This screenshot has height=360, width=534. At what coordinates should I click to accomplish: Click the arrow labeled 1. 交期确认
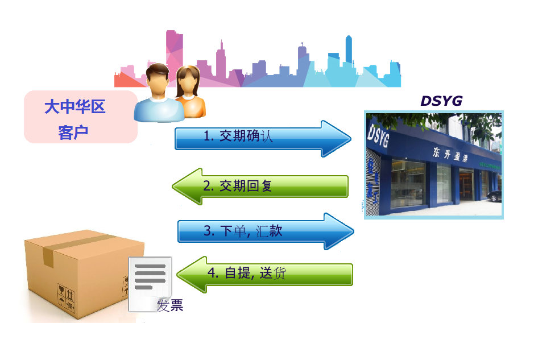click(263, 139)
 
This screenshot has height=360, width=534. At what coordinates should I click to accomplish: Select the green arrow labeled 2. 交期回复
click(260, 187)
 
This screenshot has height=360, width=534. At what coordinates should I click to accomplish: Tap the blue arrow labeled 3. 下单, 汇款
click(266, 231)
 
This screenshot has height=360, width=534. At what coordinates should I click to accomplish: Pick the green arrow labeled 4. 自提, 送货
click(264, 274)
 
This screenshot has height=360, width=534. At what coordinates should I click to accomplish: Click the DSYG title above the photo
click(441, 101)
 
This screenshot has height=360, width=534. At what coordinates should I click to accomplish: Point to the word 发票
click(170, 305)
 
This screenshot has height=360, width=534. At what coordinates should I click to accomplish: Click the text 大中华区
click(75, 106)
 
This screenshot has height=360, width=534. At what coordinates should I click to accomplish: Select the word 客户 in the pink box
click(73, 132)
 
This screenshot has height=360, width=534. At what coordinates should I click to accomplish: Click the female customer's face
click(187, 83)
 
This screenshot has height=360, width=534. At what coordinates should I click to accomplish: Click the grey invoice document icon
click(150, 284)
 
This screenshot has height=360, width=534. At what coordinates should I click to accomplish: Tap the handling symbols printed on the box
click(66, 296)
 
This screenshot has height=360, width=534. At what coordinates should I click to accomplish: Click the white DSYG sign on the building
click(378, 135)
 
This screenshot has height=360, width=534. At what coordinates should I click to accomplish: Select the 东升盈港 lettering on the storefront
click(450, 154)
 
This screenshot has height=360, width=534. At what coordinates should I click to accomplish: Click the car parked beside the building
click(495, 196)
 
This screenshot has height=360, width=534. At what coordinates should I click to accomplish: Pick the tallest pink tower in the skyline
click(174, 51)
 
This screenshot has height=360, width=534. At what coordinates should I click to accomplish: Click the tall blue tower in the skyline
click(349, 51)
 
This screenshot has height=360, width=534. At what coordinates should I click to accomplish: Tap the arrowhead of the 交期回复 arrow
click(187, 187)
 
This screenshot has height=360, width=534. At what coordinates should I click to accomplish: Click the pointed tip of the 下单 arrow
click(354, 231)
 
